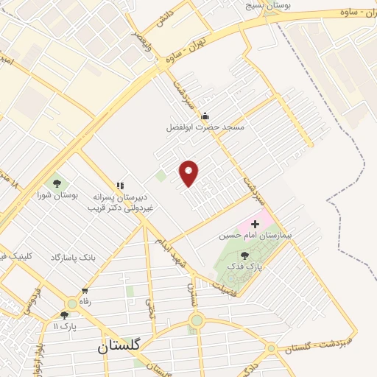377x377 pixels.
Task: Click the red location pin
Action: [189, 172]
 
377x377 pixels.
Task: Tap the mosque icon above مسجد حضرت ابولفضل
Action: [205, 116]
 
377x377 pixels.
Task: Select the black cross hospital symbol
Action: [256, 223]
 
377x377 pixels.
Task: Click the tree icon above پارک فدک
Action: [244, 256]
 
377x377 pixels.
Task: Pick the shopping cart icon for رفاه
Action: [85, 290]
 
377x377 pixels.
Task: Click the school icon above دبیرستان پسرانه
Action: [119, 186]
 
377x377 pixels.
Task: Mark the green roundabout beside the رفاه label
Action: [72, 303]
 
